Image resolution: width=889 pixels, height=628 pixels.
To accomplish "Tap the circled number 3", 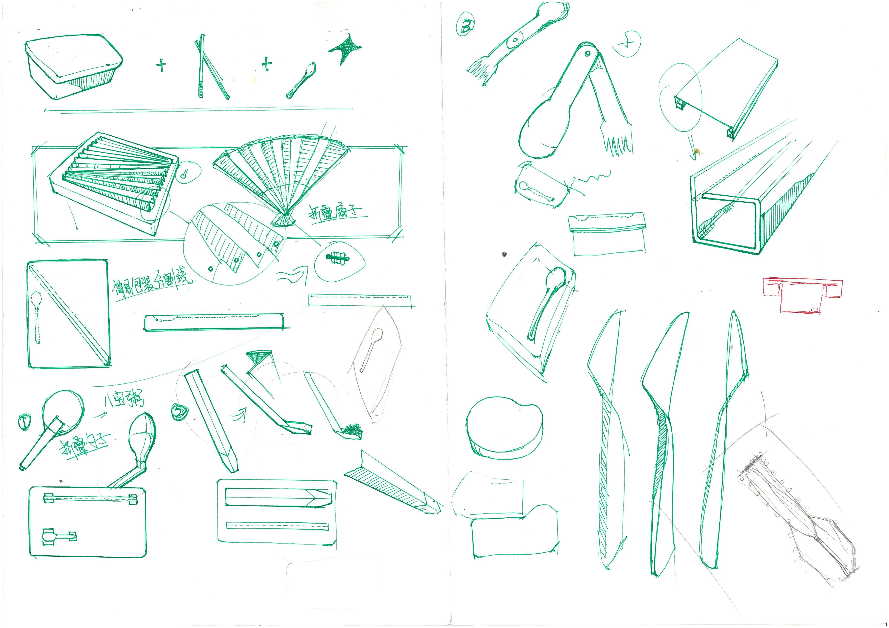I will [466, 24].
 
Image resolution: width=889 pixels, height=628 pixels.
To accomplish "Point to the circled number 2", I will [179, 412].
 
